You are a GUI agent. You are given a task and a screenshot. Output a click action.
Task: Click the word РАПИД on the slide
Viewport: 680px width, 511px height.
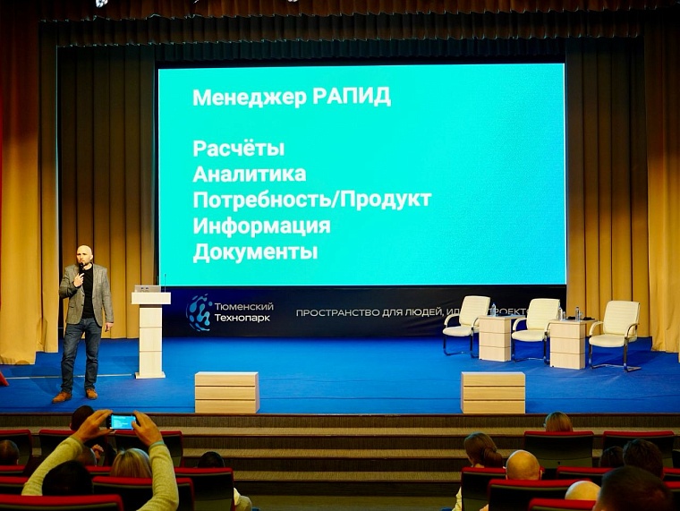(x=352, y=97)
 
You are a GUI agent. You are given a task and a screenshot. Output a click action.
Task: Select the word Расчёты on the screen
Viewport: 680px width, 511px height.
(x=238, y=148)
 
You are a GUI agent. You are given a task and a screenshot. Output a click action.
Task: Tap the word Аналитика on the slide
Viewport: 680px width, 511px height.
(x=249, y=174)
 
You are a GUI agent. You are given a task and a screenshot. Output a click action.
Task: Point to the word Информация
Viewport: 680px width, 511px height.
(x=261, y=226)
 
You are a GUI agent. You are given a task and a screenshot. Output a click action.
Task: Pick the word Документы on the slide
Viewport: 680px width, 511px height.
(x=255, y=251)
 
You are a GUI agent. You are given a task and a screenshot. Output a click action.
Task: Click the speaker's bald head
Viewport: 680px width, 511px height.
(x=85, y=254)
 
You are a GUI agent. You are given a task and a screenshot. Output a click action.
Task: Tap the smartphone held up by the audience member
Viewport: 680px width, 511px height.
(x=122, y=421)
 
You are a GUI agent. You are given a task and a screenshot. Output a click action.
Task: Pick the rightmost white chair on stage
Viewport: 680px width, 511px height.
(x=615, y=331)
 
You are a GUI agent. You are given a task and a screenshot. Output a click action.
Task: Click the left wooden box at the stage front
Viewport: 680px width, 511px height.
(x=226, y=392)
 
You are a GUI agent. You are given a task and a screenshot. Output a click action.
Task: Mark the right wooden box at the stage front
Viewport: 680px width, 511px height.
(x=493, y=392)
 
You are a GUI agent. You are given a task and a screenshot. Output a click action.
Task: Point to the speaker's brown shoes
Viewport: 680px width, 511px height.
(x=75, y=395)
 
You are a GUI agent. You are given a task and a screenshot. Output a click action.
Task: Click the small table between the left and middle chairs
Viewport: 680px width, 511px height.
(x=496, y=338)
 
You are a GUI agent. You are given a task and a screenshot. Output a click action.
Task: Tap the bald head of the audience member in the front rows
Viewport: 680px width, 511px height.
(x=523, y=465)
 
